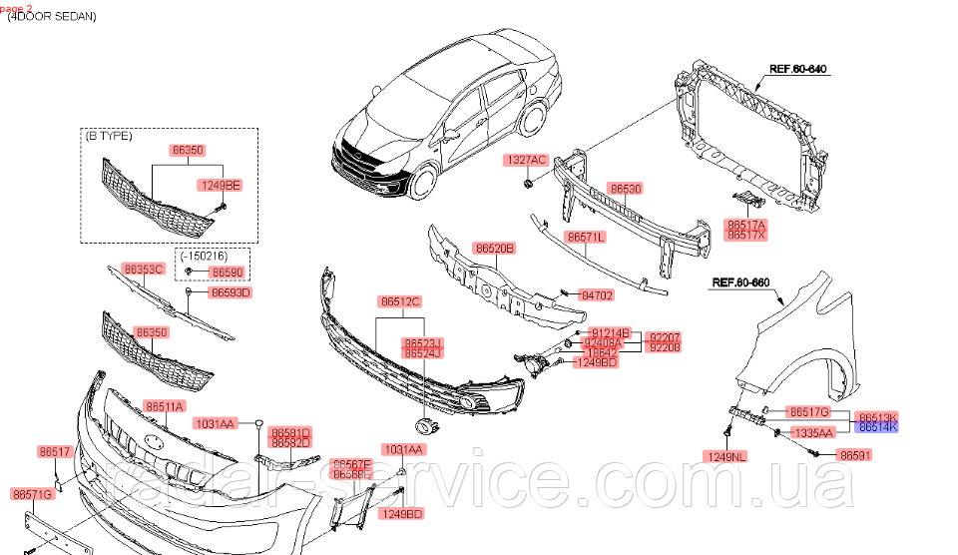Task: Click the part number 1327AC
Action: (x=525, y=160)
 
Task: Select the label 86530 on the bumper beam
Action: (x=626, y=188)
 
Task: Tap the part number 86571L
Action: (x=586, y=238)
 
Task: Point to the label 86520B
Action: (x=494, y=248)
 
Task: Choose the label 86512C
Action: (x=399, y=300)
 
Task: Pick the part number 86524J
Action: (x=423, y=353)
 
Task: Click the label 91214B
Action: (x=611, y=331)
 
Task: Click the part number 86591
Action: (x=855, y=454)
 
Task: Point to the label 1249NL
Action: (x=727, y=457)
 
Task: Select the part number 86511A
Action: (x=165, y=406)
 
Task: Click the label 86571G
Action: (x=33, y=493)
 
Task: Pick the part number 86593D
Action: (x=231, y=292)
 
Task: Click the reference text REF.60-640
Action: (x=800, y=70)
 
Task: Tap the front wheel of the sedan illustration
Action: (x=424, y=182)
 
